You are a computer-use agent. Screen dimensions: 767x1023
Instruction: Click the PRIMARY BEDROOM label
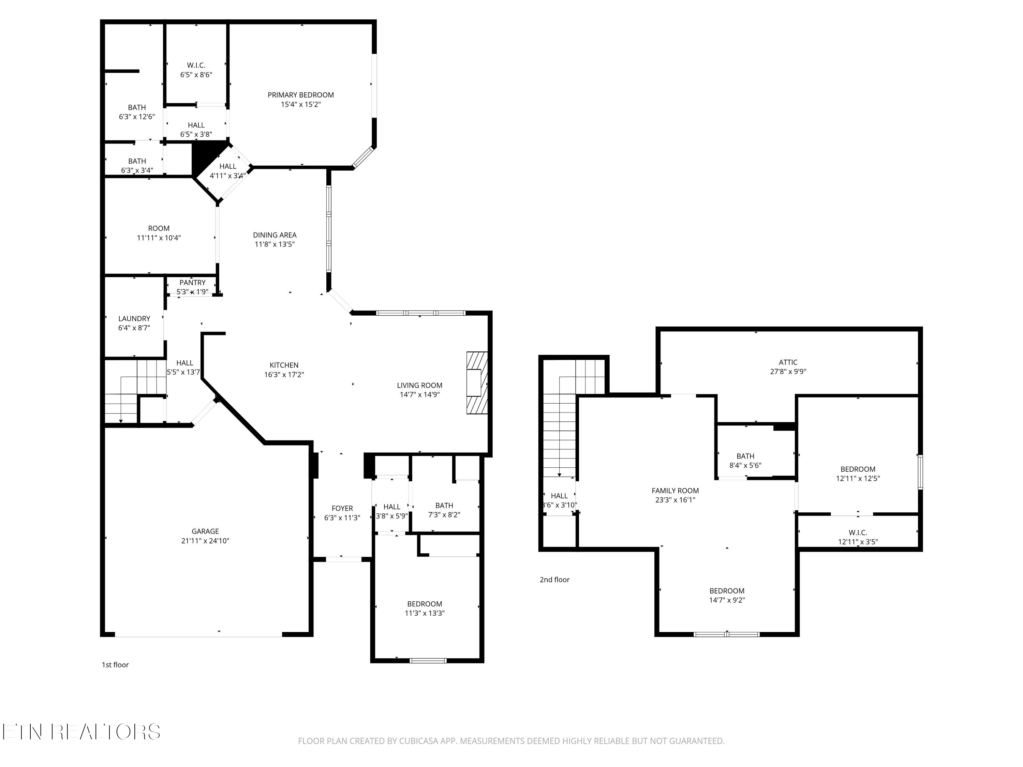click(x=301, y=95)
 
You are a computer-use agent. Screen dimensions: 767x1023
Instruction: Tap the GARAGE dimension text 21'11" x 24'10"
click(x=205, y=540)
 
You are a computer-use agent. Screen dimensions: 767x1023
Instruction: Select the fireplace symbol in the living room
click(x=477, y=383)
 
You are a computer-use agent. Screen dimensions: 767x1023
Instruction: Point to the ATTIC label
click(x=788, y=362)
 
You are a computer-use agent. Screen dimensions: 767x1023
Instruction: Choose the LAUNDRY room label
click(x=134, y=318)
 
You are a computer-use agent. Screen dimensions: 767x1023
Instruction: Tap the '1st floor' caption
click(x=115, y=664)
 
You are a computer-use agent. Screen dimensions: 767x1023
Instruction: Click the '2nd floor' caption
click(x=554, y=579)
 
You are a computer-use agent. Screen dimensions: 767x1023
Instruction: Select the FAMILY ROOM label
click(x=675, y=491)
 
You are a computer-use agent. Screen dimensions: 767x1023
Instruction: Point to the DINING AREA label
click(x=275, y=235)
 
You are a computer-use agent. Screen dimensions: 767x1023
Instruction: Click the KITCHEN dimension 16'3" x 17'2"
click(x=284, y=375)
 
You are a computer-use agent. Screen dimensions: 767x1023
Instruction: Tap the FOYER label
click(x=342, y=508)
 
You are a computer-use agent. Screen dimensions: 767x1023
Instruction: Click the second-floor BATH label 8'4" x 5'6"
click(x=745, y=456)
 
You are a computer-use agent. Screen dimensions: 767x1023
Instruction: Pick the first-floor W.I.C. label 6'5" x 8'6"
click(x=196, y=65)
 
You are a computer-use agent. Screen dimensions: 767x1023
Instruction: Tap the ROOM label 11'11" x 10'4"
click(x=159, y=228)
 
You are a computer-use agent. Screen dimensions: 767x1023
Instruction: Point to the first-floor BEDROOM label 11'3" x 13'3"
click(x=425, y=604)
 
